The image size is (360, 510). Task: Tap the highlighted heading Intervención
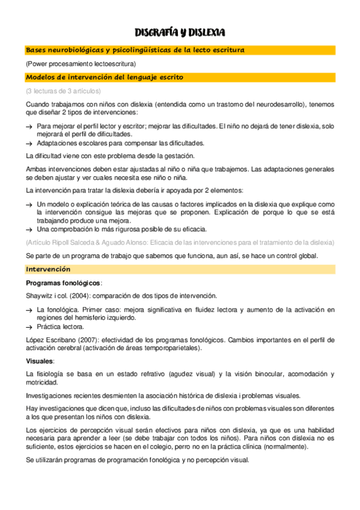coord(48,269)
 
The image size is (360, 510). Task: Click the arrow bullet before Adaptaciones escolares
coord(29,143)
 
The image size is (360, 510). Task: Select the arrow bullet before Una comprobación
coord(29,229)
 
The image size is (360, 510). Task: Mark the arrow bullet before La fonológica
coord(29,309)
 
